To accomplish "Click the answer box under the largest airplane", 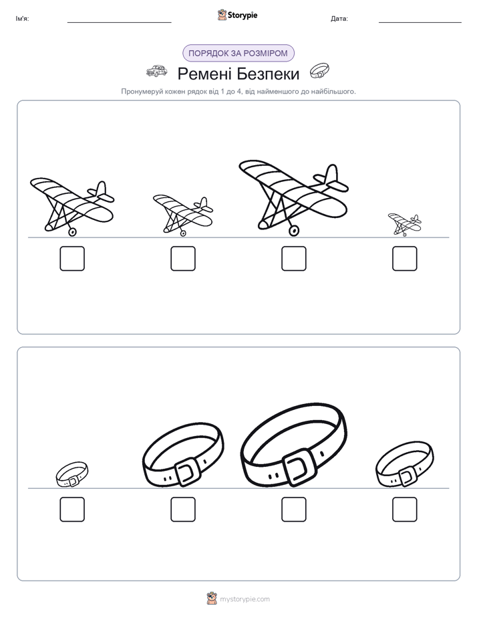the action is pos(293,259).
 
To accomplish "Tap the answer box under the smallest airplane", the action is pos(405,259).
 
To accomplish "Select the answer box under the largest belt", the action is pos(293,509).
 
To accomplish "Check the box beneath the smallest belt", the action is pos(72,509).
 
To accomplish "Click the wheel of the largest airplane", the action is pos(293,231).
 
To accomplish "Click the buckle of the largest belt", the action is pos(299,466).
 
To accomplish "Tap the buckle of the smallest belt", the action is pos(73,481).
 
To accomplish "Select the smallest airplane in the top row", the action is pos(405,224).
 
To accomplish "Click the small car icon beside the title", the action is pos(156,71).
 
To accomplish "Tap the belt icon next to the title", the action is pos(319,71).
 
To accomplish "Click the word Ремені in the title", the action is pos(206,74).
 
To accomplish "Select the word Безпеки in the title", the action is pos(269,74).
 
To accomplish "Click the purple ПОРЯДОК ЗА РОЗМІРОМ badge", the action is pos(238,54).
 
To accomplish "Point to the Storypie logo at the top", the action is pos(237,15).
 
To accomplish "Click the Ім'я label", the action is pos(22,19).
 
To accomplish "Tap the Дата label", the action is pos(339,19).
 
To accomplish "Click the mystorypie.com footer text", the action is pos(245,599).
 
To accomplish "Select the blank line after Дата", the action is pos(420,22).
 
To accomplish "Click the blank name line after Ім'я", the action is pos(119,22).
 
